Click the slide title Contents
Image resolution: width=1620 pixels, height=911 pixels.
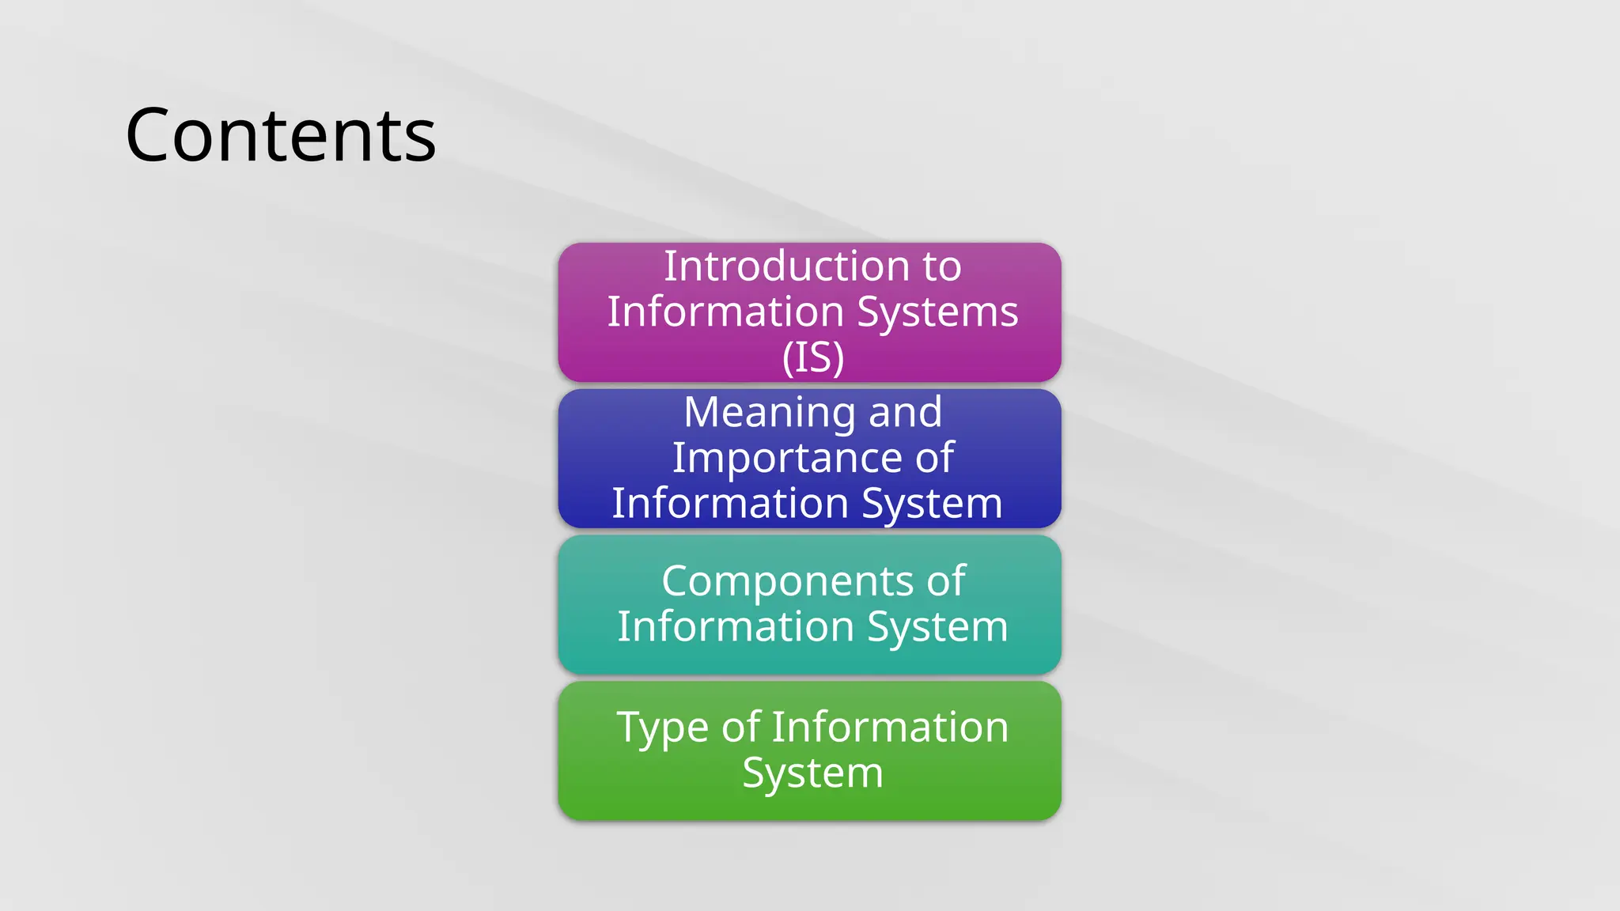281,136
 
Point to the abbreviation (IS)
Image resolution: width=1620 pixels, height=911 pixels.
812,357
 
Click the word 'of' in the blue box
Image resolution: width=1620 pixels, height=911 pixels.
934,458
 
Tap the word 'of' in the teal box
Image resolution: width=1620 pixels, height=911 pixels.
946,581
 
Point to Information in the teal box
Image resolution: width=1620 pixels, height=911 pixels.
736,627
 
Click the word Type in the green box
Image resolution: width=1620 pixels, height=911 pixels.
661,728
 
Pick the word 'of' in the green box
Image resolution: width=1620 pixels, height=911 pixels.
740,728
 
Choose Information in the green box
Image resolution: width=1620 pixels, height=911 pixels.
890,728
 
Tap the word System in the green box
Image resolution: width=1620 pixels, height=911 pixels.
812,773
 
